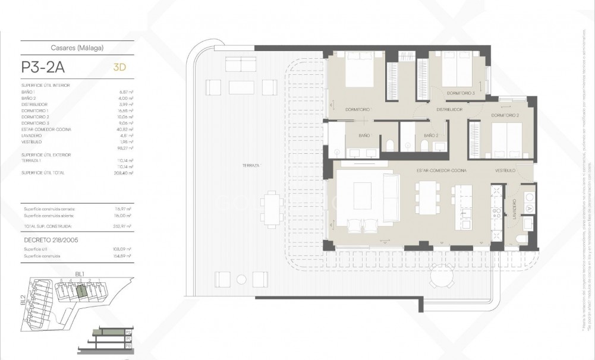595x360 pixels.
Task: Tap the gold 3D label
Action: (x=119, y=67)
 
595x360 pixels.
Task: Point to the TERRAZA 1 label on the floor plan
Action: (x=252, y=165)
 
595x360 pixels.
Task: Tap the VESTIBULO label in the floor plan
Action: (x=506, y=170)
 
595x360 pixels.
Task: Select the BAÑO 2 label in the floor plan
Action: (x=430, y=135)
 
